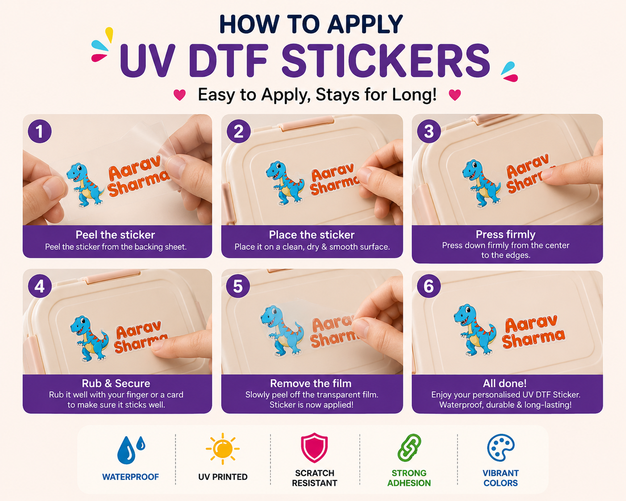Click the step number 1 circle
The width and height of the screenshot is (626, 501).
tap(40, 131)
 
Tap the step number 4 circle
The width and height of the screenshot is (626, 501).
tap(40, 286)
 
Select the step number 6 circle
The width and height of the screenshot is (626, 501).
tap(429, 286)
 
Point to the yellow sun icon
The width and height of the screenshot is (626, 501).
tap(222, 449)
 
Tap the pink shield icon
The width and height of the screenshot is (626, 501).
tap(314, 447)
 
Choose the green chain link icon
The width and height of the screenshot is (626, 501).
tap(409, 448)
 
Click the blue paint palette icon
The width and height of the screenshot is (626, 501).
tap(501, 448)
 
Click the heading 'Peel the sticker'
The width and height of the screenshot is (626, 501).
tap(115, 235)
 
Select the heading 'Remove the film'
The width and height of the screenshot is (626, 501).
tap(311, 384)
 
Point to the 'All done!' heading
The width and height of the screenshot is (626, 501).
tap(505, 384)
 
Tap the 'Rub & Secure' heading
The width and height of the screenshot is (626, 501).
tap(116, 384)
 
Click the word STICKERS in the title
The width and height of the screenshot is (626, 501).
tap(386, 61)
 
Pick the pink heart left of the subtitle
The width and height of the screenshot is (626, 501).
tap(179, 95)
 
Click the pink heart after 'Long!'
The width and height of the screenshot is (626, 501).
tap(455, 95)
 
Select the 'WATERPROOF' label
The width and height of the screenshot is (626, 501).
tap(131, 477)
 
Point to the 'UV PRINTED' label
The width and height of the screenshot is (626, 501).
tap(223, 477)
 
